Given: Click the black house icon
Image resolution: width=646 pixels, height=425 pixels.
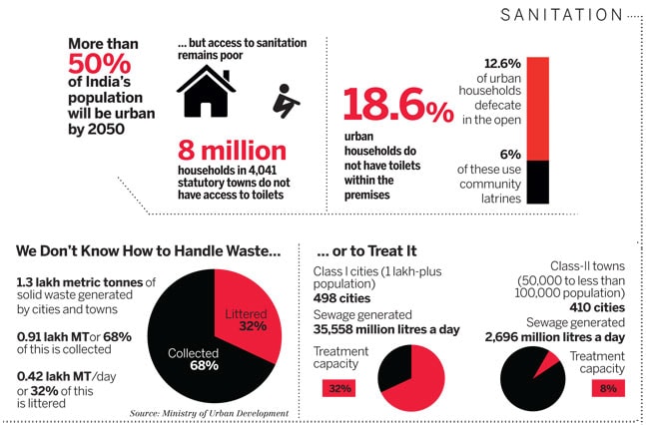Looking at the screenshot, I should [206, 92].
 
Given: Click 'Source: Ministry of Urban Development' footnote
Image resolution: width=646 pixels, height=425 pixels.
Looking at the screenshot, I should [209, 413].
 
